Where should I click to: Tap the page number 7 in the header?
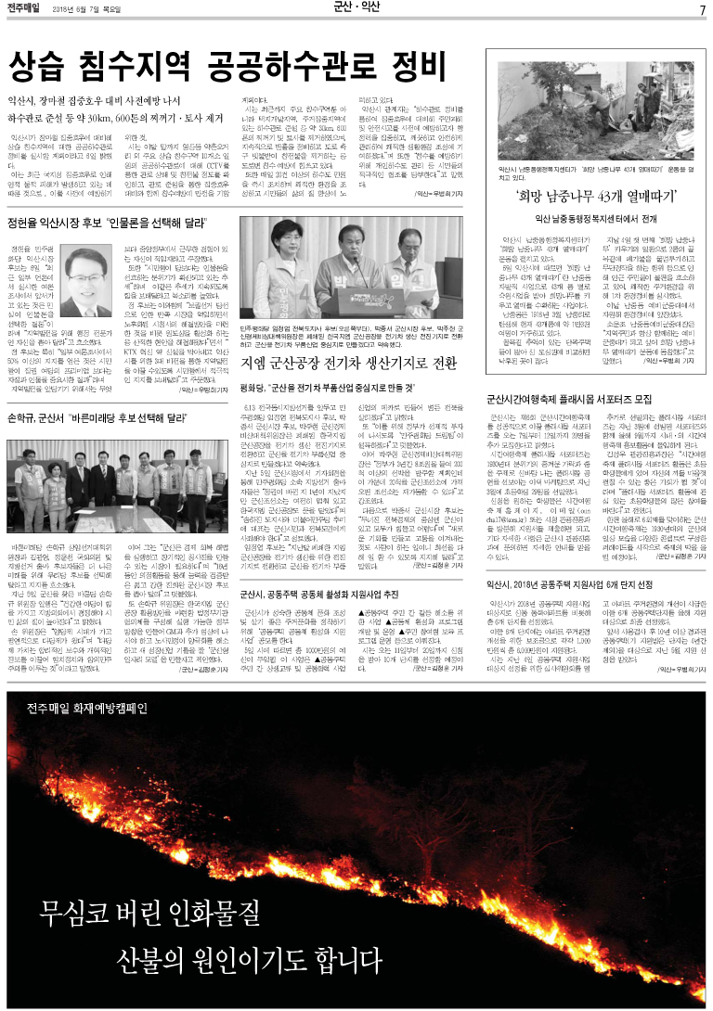point(702,10)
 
